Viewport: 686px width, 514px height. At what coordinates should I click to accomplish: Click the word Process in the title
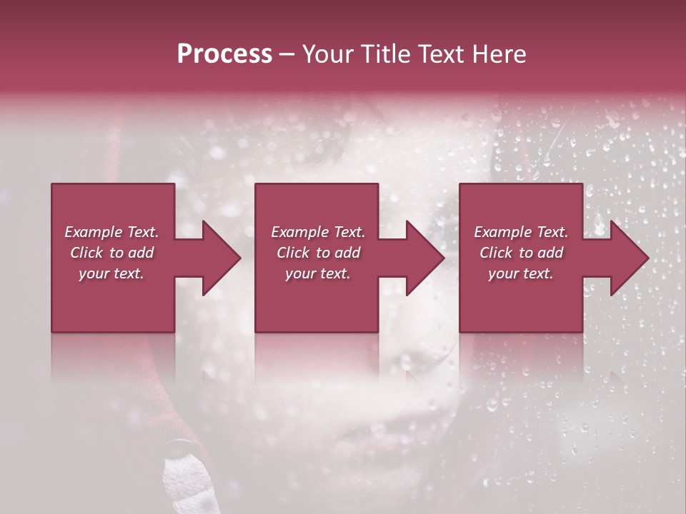(x=224, y=54)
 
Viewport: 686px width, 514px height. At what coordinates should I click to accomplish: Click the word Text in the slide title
(x=439, y=54)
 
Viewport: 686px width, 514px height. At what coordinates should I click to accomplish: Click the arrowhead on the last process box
(x=628, y=258)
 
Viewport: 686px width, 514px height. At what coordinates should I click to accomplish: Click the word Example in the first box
(x=94, y=232)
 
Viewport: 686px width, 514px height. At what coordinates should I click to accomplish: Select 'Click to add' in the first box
(x=111, y=253)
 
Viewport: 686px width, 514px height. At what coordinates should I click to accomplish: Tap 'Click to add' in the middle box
(x=318, y=253)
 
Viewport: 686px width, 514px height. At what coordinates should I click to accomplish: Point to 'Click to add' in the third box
(x=521, y=253)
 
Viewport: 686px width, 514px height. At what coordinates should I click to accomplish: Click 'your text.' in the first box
(x=111, y=273)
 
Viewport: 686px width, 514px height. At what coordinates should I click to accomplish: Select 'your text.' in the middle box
(x=318, y=273)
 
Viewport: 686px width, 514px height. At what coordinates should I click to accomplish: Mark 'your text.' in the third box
(x=521, y=273)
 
